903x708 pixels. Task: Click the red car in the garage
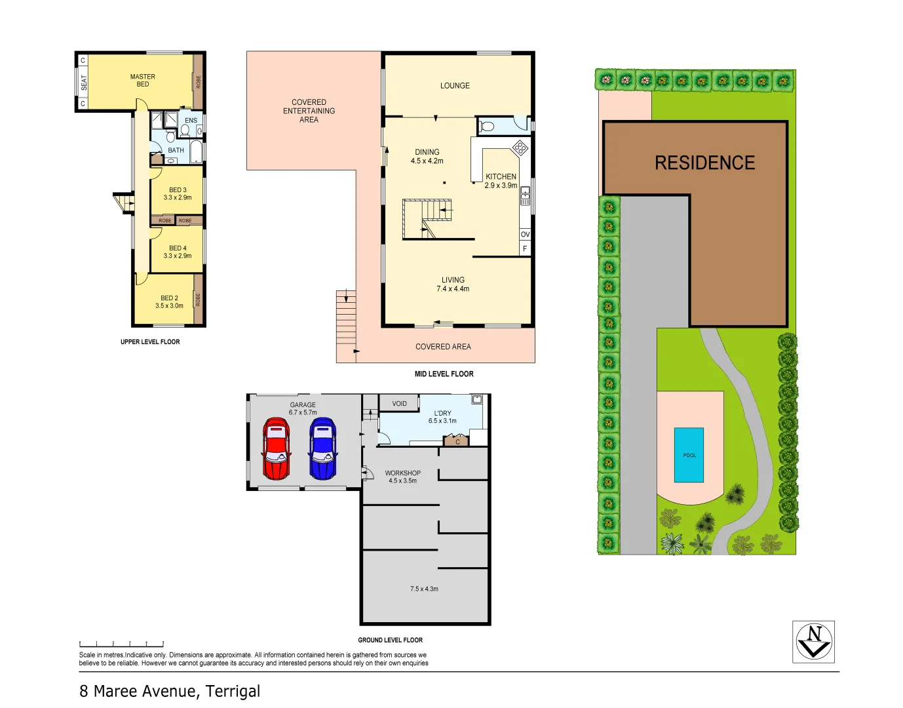(x=276, y=448)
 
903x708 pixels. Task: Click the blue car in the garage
(x=322, y=448)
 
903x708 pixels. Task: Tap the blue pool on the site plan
(x=689, y=455)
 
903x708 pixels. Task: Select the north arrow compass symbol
(x=813, y=642)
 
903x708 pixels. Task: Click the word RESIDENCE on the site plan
(x=704, y=163)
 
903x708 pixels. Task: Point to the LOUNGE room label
(x=455, y=86)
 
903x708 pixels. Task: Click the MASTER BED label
(x=142, y=80)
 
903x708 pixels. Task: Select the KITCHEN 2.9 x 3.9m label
(x=501, y=181)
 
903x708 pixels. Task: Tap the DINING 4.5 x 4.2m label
(x=427, y=156)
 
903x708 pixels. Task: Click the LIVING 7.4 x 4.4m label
(x=453, y=284)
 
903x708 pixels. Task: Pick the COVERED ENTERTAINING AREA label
(x=309, y=111)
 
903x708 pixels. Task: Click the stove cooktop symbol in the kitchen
(x=520, y=147)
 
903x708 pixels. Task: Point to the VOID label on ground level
(x=399, y=404)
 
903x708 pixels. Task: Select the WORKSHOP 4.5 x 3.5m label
(x=402, y=477)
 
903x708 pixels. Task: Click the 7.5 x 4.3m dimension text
(x=424, y=589)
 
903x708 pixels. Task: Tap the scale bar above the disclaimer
(x=121, y=644)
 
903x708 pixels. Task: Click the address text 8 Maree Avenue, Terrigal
(x=170, y=691)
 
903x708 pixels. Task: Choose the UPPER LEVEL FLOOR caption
(x=150, y=342)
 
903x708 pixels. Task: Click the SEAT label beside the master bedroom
(x=83, y=83)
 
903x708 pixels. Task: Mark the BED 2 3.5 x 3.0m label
(x=169, y=302)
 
